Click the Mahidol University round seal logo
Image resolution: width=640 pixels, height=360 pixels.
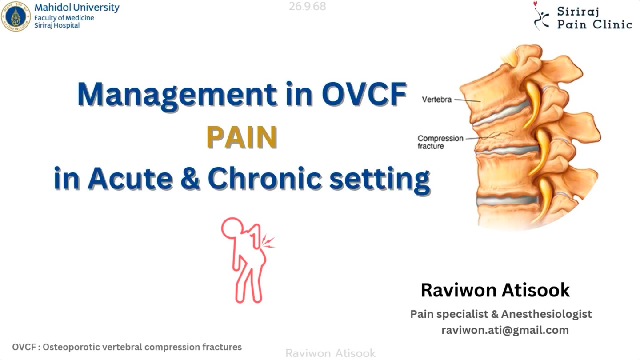pos(16,16)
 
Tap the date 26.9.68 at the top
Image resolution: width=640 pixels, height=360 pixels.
pos(308,7)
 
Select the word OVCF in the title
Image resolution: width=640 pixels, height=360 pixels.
pos(364,94)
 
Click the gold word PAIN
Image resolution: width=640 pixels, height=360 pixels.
pos(242,137)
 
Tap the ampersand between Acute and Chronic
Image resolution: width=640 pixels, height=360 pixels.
pos(190,178)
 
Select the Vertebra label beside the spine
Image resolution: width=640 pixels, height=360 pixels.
pos(436,100)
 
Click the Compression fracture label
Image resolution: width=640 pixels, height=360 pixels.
pos(440,142)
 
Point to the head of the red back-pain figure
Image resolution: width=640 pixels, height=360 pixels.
pos(232,228)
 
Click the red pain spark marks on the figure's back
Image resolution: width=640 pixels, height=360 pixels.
pos(268,241)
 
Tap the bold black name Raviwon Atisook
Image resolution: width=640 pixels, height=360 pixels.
pos(495,290)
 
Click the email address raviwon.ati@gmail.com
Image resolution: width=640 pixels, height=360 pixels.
pos(505,330)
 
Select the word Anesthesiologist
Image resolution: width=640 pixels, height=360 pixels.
pos(547,314)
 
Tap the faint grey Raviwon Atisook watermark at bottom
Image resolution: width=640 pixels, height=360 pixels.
pos(330,353)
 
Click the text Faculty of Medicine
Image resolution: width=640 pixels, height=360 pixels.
pos(64,18)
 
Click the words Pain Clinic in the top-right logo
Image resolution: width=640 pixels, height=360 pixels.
pos(595,24)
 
